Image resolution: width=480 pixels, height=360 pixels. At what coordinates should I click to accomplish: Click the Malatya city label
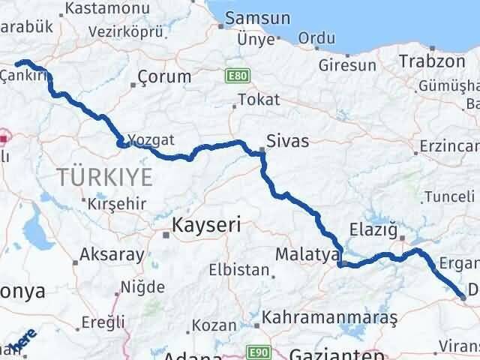click(x=307, y=255)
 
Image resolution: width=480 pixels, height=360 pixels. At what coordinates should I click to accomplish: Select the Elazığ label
click(x=373, y=229)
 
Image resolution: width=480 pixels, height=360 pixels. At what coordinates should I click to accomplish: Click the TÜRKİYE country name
click(x=104, y=177)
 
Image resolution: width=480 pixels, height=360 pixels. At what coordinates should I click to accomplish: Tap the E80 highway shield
click(x=236, y=75)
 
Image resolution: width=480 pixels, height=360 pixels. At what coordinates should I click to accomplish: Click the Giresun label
click(x=347, y=65)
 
